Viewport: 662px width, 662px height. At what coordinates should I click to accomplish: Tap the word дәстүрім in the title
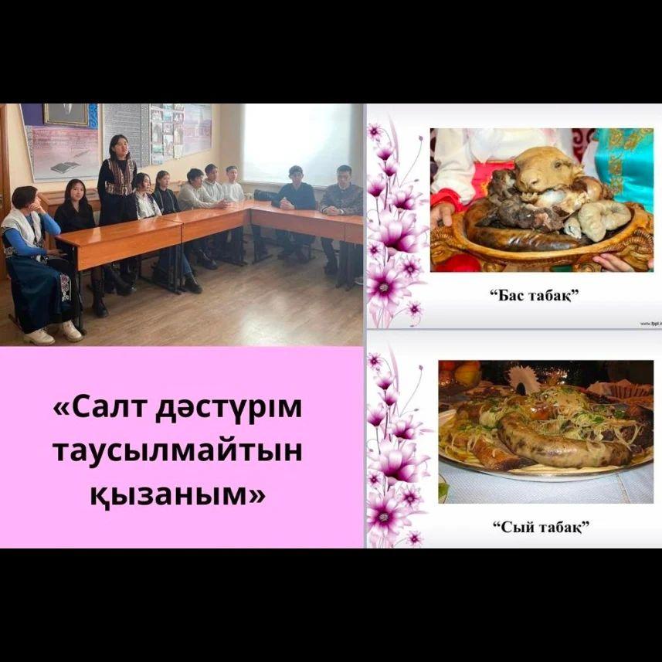229,409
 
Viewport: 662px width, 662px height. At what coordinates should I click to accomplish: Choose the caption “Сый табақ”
541,527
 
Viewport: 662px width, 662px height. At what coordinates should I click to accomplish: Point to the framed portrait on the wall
66,114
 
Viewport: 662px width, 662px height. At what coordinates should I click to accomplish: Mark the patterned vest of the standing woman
121,178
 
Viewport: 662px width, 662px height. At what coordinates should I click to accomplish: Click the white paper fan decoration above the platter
523,378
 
